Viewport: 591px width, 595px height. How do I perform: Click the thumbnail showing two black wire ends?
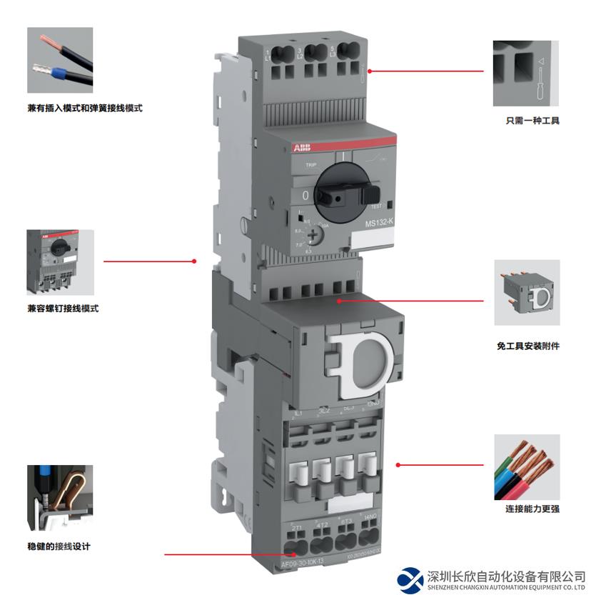click(x=60, y=60)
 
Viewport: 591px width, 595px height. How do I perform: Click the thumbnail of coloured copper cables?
click(x=527, y=467)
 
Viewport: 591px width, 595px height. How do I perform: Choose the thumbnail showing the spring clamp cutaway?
click(x=60, y=497)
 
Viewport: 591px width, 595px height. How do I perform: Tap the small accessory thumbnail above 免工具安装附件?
click(x=527, y=292)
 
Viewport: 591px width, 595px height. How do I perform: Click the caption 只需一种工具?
click(x=527, y=121)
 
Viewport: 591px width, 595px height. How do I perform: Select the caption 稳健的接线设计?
click(x=59, y=546)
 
